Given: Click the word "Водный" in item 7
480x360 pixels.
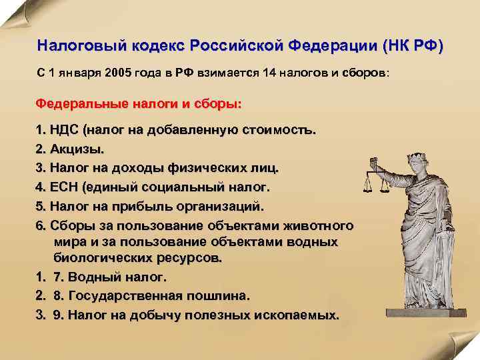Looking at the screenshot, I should (96, 276).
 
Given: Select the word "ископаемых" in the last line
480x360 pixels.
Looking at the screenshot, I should (301, 314).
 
